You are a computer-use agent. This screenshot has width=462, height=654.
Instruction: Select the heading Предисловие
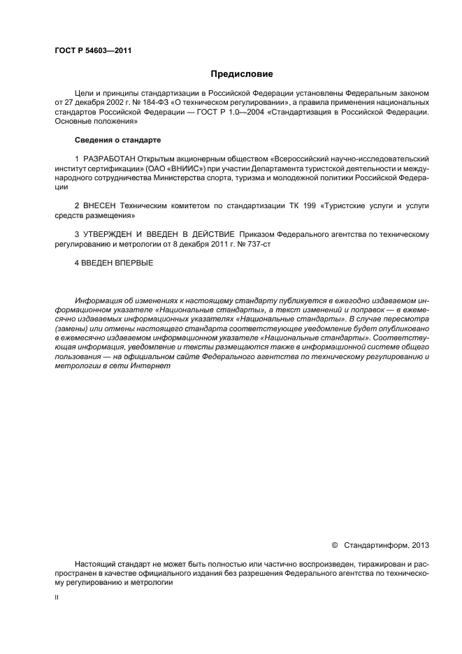coord(242,74)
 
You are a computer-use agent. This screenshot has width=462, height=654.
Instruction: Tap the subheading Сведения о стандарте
coord(108,140)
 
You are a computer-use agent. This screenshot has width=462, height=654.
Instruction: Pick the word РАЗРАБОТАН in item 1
coord(108,159)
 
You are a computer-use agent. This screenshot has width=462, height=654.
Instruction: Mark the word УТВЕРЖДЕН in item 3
coord(113,234)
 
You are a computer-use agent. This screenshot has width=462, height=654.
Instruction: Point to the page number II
coord(57,598)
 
